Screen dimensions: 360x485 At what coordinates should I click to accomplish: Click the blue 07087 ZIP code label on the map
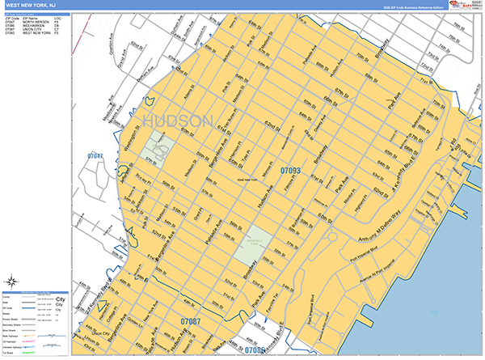(x=190, y=322)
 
